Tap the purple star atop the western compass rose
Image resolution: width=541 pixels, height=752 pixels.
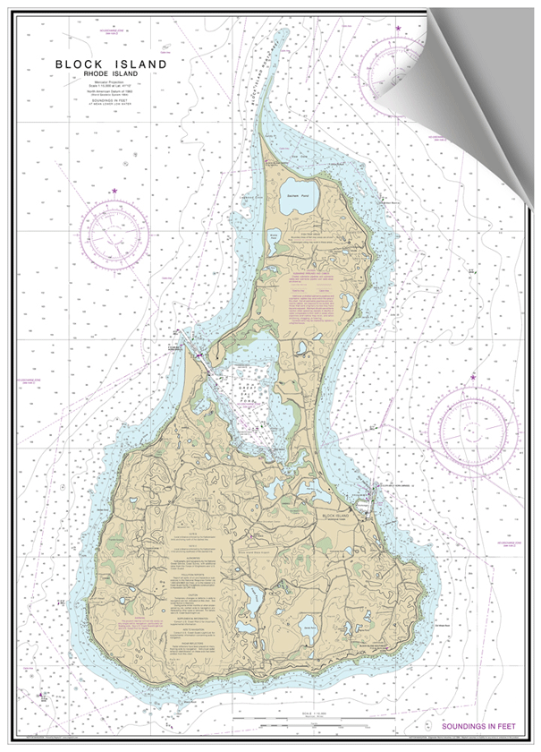(114, 192)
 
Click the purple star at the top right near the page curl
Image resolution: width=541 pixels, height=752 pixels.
(398, 29)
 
